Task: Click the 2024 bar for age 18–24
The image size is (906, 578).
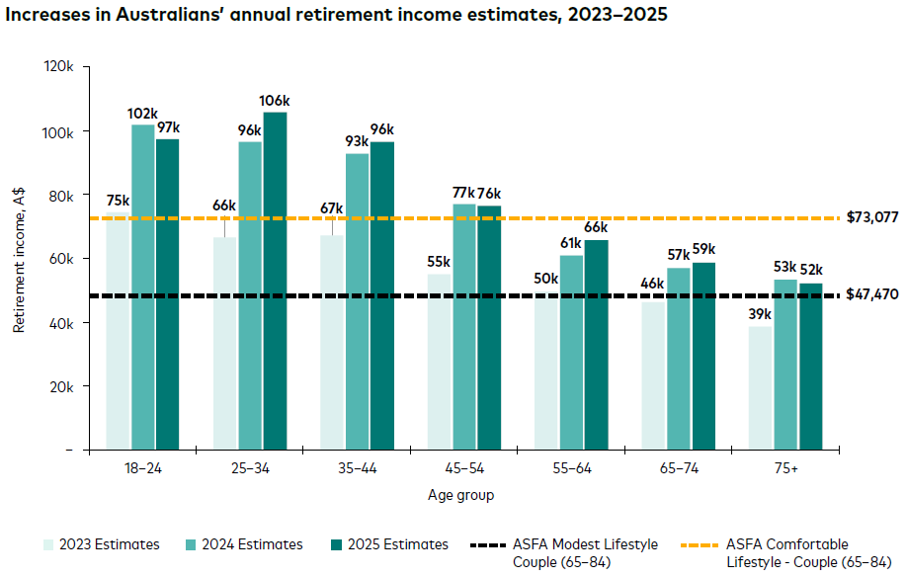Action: tap(143, 287)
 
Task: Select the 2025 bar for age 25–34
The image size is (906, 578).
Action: tap(275, 281)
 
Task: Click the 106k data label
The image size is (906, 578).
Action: tap(275, 101)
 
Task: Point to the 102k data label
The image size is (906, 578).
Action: tap(143, 114)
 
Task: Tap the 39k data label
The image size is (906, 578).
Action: tap(759, 315)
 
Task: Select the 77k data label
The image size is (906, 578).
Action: tap(464, 193)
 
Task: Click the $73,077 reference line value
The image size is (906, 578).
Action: tap(872, 217)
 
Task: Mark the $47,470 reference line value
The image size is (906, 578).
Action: tap(872, 294)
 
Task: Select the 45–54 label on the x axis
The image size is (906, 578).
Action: tap(462, 469)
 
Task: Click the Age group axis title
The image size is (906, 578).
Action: tap(461, 494)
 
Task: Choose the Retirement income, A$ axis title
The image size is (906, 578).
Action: tap(19, 259)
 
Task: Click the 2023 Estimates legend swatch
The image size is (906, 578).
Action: tap(48, 544)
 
